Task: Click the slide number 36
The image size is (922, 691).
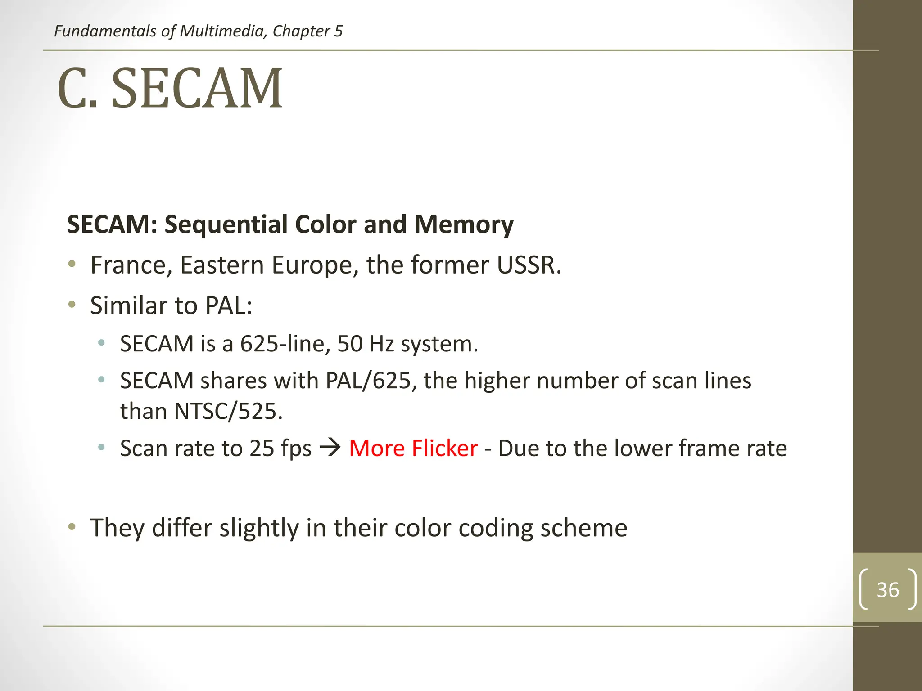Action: coord(887,590)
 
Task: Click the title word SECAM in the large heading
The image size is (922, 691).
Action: coord(197,88)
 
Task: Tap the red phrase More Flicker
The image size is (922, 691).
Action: coord(413,449)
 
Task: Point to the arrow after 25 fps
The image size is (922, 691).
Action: coord(330,448)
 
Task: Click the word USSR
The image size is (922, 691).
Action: coord(529,265)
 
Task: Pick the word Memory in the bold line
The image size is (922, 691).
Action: coord(463,224)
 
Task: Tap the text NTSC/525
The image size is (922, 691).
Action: coord(228,411)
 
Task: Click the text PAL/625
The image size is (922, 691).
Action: coord(368,381)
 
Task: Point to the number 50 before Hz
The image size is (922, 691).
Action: coord(350,344)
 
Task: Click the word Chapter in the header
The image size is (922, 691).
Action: coord(301,31)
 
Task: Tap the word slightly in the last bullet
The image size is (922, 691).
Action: coord(259,528)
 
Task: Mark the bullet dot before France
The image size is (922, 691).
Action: coord(72,264)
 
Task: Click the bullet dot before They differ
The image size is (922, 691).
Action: coord(72,527)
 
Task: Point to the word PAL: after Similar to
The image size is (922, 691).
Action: coord(228,306)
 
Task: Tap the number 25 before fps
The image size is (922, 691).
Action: coord(262,449)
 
